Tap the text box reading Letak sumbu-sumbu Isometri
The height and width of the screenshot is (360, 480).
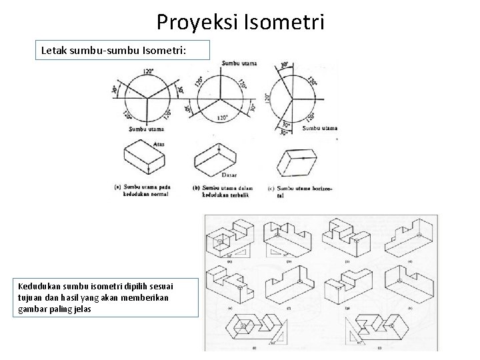point(123,49)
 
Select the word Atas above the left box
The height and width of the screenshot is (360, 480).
point(158,142)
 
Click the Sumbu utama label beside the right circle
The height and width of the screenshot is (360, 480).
point(322,127)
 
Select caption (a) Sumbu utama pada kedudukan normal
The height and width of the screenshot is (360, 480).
point(143,191)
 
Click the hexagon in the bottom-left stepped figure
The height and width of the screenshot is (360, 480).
point(241,327)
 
